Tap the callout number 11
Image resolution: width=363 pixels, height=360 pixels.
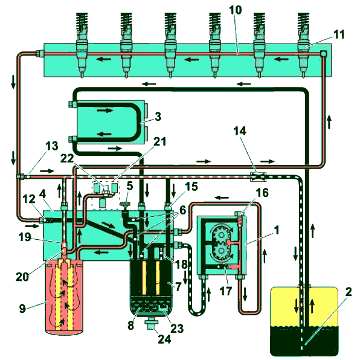(x=338, y=34)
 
